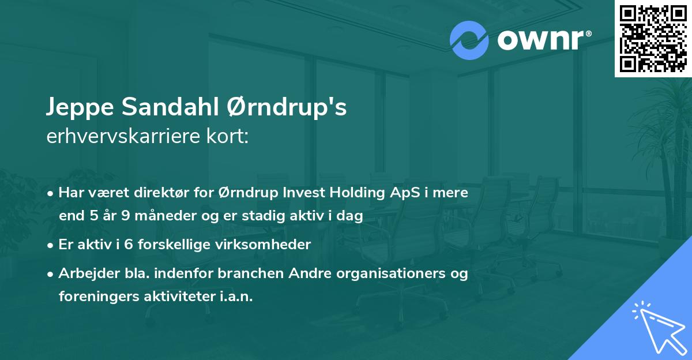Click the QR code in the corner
[653, 38]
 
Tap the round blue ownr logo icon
[469, 40]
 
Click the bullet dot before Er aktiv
[52, 245]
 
